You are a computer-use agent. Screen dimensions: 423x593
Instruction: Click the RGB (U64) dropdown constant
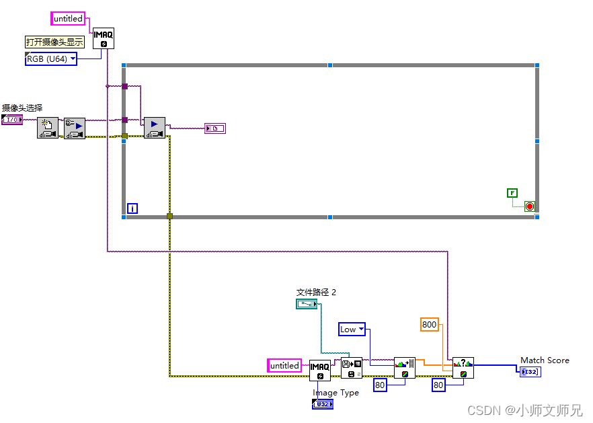pyautogui.click(x=50, y=59)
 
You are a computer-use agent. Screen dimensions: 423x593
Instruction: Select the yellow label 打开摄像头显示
pyautogui.click(x=55, y=42)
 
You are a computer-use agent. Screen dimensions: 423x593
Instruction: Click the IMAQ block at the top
pyautogui.click(x=103, y=38)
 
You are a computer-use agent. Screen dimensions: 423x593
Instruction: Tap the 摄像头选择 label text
pyautogui.click(x=22, y=108)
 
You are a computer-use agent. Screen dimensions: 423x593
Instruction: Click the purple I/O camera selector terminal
pyautogui.click(x=12, y=120)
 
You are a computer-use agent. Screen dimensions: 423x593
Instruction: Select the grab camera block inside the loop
pyautogui.click(x=155, y=128)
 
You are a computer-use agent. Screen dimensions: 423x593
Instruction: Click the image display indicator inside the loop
pyautogui.click(x=215, y=128)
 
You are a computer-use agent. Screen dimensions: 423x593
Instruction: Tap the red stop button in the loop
pyautogui.click(x=529, y=206)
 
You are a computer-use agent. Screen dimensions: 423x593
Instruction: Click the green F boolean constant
pyautogui.click(x=512, y=193)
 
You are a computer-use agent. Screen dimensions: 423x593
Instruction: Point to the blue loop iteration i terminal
pyautogui.click(x=132, y=208)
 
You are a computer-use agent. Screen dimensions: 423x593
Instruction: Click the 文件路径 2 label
pyautogui.click(x=316, y=292)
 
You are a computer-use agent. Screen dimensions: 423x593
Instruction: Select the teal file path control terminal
pyautogui.click(x=307, y=305)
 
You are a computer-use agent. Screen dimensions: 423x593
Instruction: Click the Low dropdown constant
pyautogui.click(x=352, y=329)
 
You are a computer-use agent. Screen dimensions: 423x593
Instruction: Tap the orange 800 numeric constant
pyautogui.click(x=429, y=324)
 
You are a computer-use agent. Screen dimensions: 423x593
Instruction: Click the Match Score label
pyautogui.click(x=545, y=360)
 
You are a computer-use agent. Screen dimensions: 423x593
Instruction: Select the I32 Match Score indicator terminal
pyautogui.click(x=530, y=372)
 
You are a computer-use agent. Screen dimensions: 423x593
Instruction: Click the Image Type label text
pyautogui.click(x=335, y=393)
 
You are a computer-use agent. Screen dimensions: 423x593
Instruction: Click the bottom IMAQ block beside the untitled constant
pyautogui.click(x=320, y=370)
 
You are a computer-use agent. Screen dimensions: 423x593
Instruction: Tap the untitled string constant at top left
pyautogui.click(x=68, y=19)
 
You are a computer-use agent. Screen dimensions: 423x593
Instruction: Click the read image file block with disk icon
pyautogui.click(x=351, y=368)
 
